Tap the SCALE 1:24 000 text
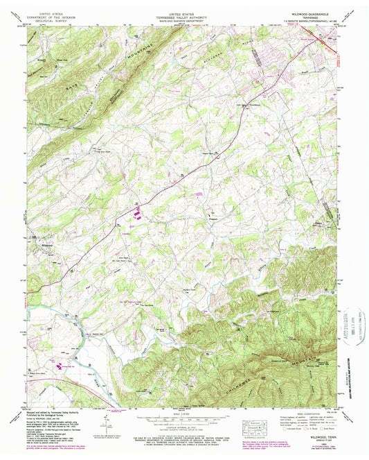(183, 416)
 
